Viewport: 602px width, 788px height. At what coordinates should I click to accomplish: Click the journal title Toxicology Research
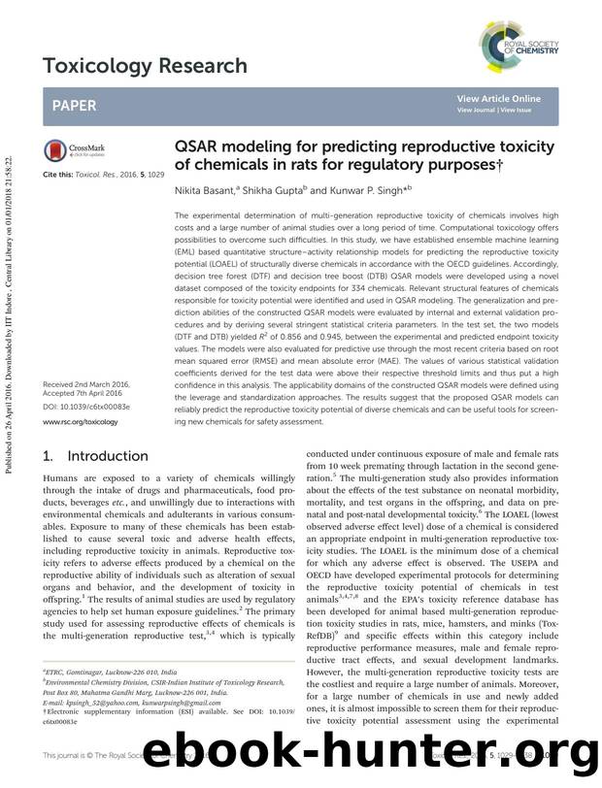click(x=145, y=66)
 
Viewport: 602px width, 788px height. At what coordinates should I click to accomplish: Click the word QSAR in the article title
click(x=198, y=148)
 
